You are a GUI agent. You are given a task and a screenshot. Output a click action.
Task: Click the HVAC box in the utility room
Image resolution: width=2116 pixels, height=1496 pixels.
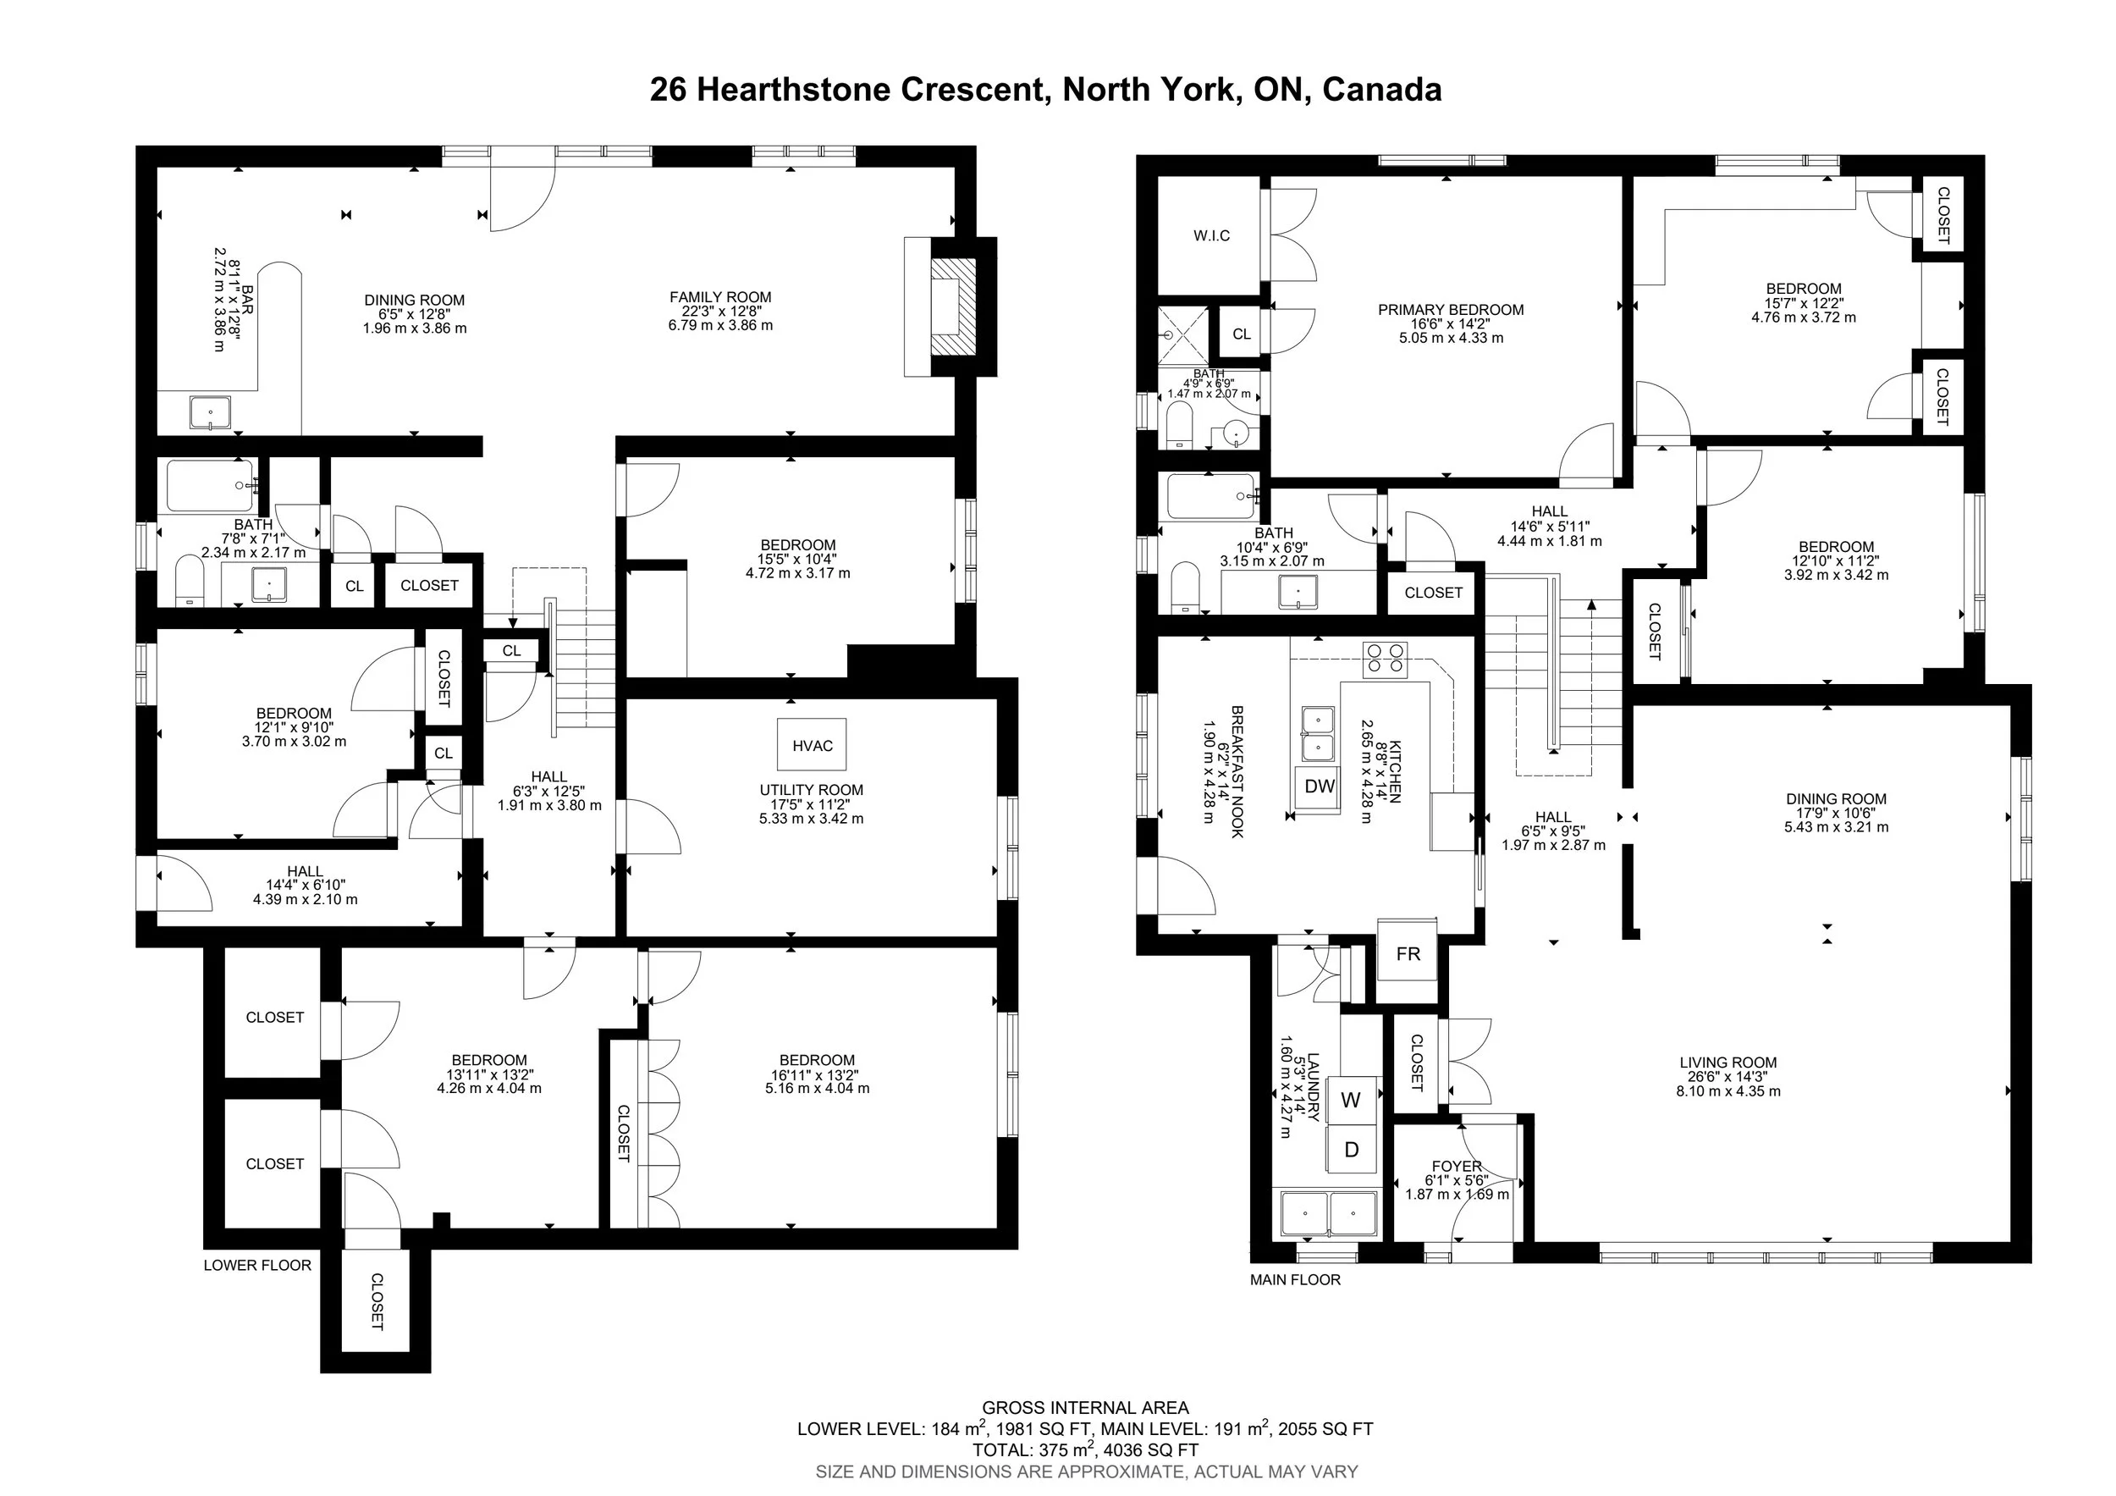pos(812,745)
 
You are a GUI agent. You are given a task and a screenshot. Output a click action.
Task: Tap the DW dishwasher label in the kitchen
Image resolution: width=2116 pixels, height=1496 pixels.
pos(1320,787)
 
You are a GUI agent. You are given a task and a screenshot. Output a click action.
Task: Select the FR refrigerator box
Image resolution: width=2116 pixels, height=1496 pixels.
pos(1408,953)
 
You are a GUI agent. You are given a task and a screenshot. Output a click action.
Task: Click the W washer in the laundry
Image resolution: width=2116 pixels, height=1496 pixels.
pos(1351,1100)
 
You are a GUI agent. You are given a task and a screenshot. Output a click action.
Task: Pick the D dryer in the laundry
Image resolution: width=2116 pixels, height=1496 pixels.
pos(1352,1150)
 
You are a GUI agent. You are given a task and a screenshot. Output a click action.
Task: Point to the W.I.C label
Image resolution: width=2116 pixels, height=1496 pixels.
pos(1212,236)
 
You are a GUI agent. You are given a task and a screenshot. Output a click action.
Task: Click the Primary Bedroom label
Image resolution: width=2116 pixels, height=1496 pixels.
pos(1451,310)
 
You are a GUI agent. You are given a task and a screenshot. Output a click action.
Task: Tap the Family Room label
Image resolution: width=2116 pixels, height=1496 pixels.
pos(720,297)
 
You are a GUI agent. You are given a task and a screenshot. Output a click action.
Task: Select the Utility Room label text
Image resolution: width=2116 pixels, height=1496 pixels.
pos(811,790)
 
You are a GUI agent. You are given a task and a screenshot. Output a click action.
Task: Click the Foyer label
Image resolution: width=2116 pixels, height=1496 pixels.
pos(1457,1166)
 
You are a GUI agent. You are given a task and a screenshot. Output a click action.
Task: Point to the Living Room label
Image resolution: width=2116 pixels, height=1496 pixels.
pos(1728,1063)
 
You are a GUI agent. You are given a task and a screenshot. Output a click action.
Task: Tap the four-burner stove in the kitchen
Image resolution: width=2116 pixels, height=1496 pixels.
pos(1386,656)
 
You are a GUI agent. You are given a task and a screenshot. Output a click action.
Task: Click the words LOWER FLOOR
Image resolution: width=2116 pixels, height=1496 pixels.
pos(257,1266)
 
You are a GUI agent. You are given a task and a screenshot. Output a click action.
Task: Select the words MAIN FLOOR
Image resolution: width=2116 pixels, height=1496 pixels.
pos(1295,1279)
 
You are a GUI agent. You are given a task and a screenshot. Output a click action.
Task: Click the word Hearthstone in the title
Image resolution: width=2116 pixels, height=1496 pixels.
pos(796,90)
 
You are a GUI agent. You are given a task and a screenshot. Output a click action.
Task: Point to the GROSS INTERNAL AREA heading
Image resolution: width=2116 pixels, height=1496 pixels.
pos(1085,1407)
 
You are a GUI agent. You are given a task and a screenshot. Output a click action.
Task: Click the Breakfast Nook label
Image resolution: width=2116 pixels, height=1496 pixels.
pos(1237,771)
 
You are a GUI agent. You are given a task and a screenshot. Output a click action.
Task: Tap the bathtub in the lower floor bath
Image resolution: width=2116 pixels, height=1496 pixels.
pos(211,487)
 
